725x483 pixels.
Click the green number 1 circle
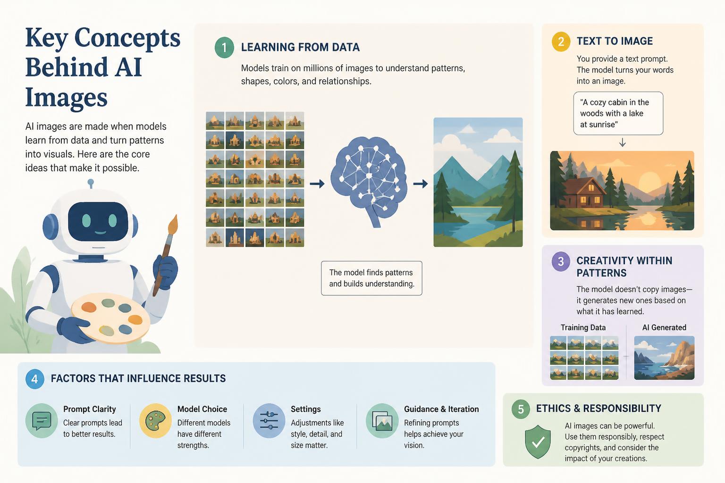point(224,48)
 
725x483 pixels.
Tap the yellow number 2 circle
point(561,42)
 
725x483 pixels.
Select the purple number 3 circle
point(561,261)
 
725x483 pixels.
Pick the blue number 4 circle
point(34,379)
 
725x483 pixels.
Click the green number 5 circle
point(521,409)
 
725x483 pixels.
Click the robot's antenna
point(91,184)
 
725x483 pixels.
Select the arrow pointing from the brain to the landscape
point(421,184)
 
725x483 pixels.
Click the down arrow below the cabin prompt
point(622,142)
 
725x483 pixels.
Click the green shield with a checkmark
point(538,441)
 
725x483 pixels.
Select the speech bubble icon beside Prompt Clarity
point(42,421)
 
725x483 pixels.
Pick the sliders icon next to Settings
point(269,421)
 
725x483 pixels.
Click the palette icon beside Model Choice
point(155,421)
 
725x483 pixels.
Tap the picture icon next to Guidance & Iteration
point(382,421)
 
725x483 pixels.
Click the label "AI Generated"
point(664,327)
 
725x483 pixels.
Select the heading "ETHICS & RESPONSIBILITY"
point(599,408)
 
